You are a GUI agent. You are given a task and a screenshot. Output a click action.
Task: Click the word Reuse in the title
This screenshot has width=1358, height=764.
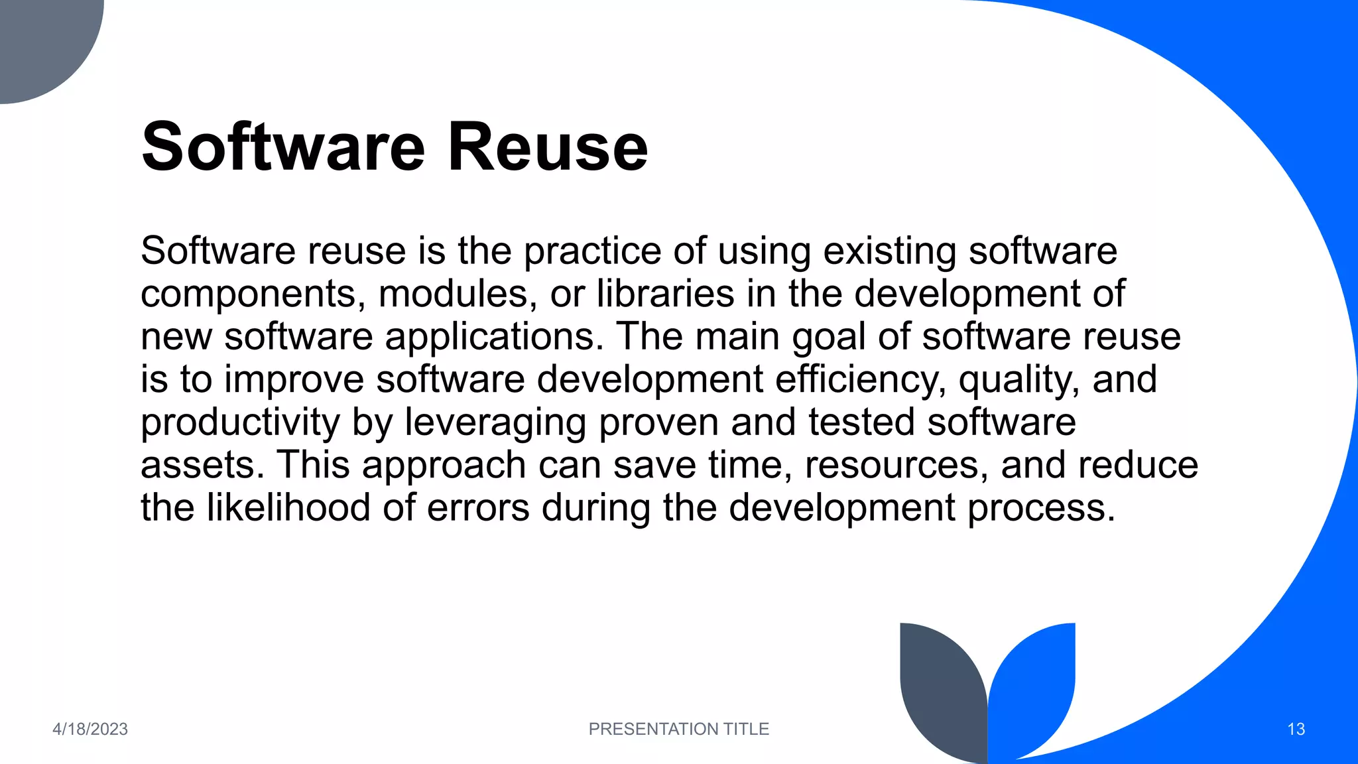coord(547,147)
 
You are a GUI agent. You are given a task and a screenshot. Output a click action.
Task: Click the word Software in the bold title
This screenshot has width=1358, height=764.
coord(283,147)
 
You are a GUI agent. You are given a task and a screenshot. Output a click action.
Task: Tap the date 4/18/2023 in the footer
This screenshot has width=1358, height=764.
coord(90,729)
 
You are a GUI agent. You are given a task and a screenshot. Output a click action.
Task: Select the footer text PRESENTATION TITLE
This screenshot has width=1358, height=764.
coord(678,729)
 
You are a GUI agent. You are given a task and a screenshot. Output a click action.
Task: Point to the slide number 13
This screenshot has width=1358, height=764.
coord(1296,729)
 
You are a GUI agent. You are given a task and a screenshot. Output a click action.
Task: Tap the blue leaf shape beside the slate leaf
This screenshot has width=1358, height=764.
coord(1034,683)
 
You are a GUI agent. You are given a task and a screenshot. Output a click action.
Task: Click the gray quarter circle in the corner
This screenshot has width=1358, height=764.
coord(40,40)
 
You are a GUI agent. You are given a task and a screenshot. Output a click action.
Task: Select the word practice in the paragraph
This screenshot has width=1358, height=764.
coord(592,252)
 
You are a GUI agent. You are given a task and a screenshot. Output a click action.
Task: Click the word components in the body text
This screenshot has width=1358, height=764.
coord(253,294)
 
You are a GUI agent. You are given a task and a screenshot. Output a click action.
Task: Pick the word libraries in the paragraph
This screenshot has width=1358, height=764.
coord(665,294)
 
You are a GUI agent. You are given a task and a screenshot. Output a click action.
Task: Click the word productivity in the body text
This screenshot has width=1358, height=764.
coord(240,422)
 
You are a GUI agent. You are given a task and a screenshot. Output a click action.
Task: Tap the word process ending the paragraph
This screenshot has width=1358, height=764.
coord(1041,509)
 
